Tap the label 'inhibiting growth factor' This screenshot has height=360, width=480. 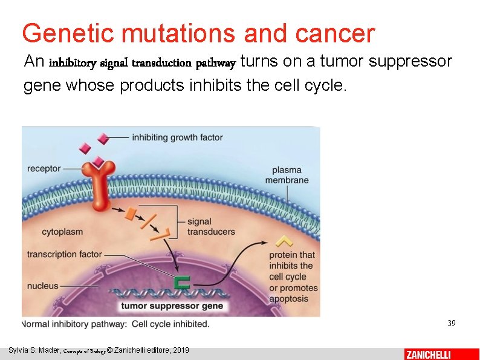coord(177,137)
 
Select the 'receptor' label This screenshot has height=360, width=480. coord(44,168)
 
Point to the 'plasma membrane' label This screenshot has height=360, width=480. coord(287,175)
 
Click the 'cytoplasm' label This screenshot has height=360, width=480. coord(62,232)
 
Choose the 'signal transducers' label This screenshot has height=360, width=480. coord(211,227)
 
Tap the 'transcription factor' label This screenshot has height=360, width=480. coord(65,254)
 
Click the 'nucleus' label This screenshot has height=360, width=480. coord(43,286)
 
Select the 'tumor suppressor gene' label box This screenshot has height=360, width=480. coord(172,306)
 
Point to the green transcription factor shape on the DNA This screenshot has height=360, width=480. coord(181,282)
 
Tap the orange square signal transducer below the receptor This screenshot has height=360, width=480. coord(130,213)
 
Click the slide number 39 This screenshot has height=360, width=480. coord(451,324)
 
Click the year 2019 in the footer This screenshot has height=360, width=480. coord(180,350)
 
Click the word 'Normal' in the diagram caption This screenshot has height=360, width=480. coord(39,324)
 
